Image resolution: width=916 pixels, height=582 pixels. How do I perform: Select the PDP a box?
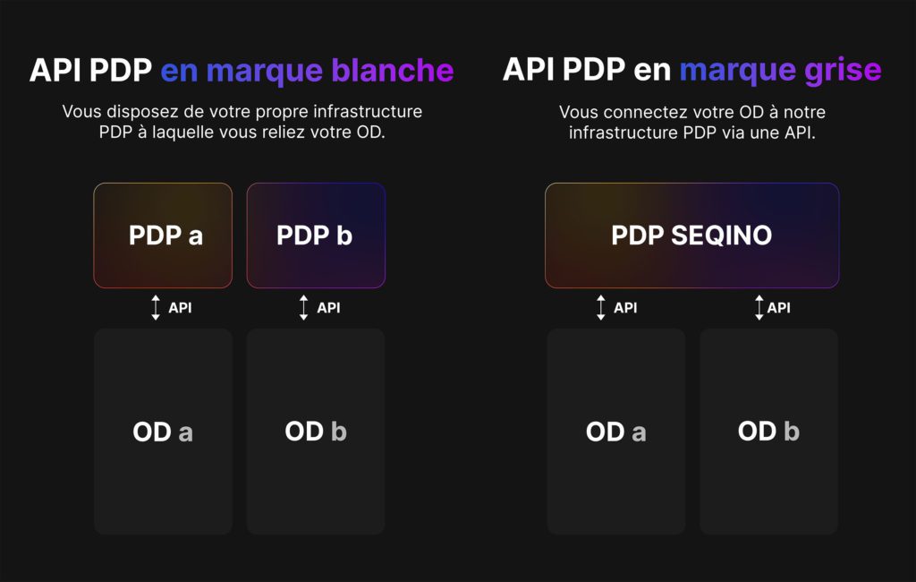[x=163, y=235]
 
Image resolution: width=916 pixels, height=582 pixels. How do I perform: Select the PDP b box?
[x=316, y=235]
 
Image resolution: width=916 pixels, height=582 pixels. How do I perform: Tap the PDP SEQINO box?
[x=691, y=235]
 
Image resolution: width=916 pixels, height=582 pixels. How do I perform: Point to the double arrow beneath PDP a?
[x=156, y=308]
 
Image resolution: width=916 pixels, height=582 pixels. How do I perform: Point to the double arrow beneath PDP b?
[x=304, y=308]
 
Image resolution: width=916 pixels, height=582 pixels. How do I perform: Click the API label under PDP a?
[x=180, y=308]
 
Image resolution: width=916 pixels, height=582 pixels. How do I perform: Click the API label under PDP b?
[x=328, y=308]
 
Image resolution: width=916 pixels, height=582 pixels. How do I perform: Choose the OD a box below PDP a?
[x=163, y=432]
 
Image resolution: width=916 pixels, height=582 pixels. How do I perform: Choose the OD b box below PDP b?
[x=316, y=432]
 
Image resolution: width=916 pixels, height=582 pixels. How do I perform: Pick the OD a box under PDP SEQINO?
[x=616, y=432]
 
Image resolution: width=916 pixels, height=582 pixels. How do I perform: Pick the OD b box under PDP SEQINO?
[x=769, y=432]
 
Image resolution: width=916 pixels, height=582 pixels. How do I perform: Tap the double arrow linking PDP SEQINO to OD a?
[x=601, y=308]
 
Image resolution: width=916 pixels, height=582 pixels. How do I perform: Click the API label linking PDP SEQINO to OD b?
[x=779, y=308]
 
